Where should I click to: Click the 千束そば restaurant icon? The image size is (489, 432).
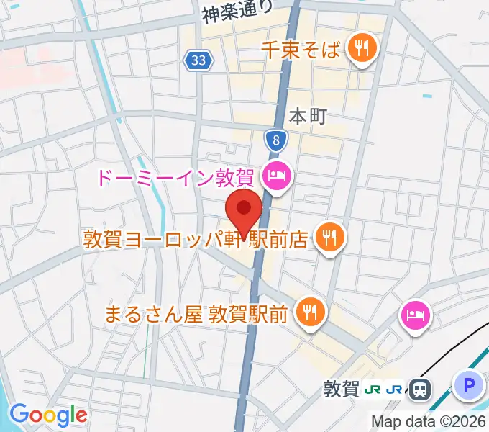point(360,49)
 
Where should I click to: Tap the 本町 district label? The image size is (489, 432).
point(308,115)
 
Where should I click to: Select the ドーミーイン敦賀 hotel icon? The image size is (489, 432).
point(277,174)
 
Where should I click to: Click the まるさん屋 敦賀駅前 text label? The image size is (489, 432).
point(196,312)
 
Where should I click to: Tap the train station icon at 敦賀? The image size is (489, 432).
point(421,390)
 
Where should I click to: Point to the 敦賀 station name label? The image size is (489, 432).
point(341,390)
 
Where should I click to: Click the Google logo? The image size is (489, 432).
point(47,415)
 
